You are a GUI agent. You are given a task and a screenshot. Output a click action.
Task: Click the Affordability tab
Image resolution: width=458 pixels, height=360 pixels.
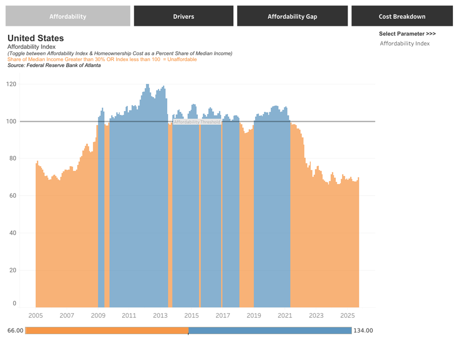(68, 16)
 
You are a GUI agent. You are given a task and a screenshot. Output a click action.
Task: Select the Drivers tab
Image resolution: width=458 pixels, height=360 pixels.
(183, 16)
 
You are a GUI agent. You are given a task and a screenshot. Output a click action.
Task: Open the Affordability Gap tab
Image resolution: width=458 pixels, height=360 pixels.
(292, 16)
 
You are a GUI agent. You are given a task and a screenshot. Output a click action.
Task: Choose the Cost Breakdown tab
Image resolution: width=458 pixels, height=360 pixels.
(402, 16)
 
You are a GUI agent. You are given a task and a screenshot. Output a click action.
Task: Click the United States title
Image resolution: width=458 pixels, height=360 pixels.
(36, 38)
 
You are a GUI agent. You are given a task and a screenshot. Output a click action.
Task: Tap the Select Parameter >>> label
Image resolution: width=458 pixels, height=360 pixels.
(407, 34)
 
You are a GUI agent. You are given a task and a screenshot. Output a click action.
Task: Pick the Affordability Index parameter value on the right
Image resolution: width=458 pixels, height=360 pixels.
(404, 44)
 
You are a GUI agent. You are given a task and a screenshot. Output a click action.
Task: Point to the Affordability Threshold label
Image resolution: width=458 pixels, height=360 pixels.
(197, 122)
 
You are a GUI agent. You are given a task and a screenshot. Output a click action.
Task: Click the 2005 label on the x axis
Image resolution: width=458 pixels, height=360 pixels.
(36, 315)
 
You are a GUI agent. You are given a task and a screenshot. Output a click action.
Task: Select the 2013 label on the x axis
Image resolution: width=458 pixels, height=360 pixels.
(160, 315)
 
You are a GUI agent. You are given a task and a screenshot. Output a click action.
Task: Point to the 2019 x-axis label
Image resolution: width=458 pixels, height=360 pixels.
(254, 315)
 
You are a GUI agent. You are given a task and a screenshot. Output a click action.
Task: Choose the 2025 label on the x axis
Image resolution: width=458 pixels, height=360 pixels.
(347, 315)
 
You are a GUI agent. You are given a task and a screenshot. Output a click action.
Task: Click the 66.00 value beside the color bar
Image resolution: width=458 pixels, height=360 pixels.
(15, 330)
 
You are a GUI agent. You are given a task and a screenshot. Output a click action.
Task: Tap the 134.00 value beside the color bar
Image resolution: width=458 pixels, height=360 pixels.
(363, 330)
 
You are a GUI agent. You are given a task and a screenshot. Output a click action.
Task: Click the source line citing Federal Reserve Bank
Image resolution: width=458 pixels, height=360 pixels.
(54, 65)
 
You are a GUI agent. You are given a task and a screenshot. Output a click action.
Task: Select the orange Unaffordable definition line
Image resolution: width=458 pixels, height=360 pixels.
(102, 60)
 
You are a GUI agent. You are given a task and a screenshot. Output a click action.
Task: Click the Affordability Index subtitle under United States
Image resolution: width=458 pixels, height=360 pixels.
(31, 47)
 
